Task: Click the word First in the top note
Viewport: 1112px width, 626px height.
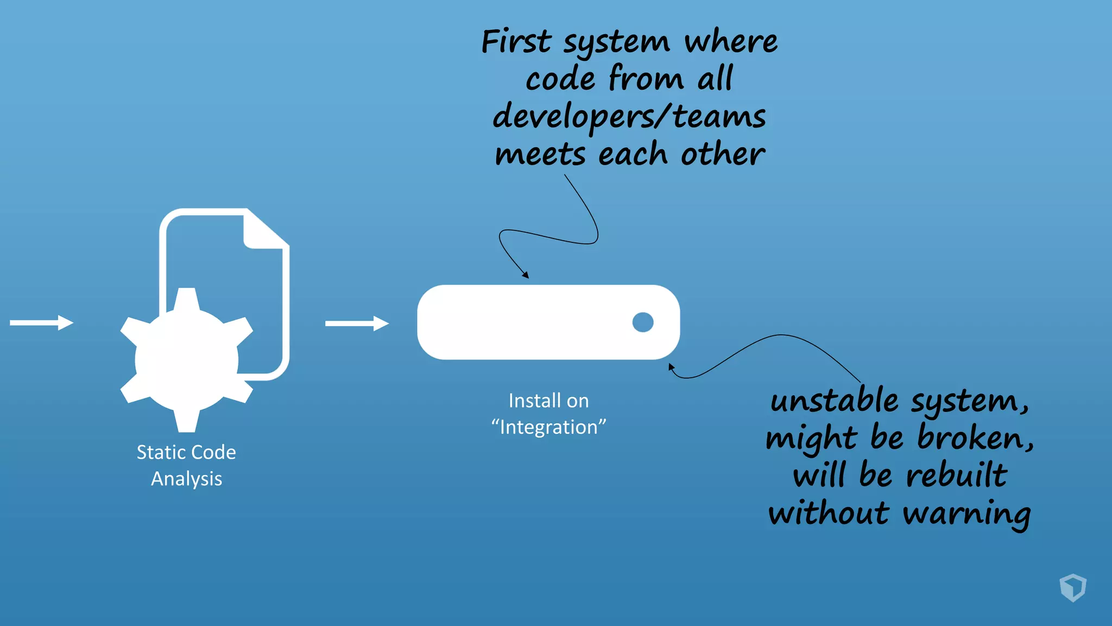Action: (516, 42)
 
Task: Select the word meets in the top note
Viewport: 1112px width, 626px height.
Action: (540, 155)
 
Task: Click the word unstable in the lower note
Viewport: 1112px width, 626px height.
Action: (834, 401)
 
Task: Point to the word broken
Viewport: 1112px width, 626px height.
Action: (975, 438)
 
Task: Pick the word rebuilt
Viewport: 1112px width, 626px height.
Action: (957, 475)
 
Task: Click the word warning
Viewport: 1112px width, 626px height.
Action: (966, 514)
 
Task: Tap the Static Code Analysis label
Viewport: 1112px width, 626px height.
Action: (186, 465)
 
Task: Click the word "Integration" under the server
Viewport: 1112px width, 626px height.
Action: (548, 428)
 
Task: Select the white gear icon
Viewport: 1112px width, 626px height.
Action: (186, 360)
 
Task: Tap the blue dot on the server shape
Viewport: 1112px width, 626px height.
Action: (643, 322)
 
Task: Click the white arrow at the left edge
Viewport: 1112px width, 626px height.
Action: (41, 323)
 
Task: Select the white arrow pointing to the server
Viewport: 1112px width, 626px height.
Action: (357, 323)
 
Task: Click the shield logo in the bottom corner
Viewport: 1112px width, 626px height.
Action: (1072, 587)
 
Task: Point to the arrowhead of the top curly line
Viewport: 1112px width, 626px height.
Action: (525, 276)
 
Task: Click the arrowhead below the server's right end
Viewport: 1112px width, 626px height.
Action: (671, 367)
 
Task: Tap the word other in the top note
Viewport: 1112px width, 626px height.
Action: (722, 155)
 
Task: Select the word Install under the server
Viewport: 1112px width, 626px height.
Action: (527, 401)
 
